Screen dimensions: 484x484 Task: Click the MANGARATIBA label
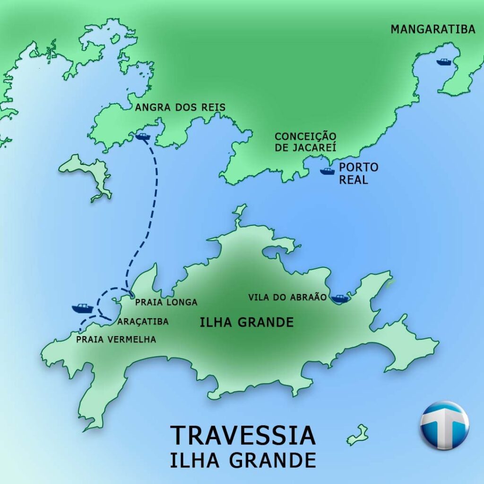coord(432,29)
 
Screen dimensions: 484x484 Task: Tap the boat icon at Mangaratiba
coord(444,62)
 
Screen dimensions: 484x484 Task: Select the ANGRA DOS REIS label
coord(180,108)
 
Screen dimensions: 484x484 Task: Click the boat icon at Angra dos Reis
coord(142,137)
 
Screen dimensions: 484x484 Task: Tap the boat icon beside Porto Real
coord(327,171)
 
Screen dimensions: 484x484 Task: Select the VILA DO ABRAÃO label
coord(287,297)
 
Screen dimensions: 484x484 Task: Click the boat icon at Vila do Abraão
coord(339,298)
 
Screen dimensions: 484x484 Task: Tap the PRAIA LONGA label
coord(166,302)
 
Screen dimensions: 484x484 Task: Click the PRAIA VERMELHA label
coord(116,339)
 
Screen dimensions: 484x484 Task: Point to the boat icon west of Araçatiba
coord(82,308)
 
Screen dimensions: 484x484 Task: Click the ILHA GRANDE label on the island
coord(246,323)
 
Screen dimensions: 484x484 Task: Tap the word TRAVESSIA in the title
coord(242,436)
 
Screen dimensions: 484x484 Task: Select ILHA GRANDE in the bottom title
coord(243,460)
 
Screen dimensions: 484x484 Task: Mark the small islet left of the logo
coord(358,435)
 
